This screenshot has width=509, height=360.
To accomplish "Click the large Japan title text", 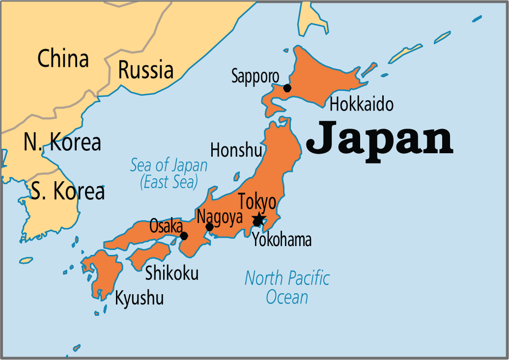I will click(x=379, y=139).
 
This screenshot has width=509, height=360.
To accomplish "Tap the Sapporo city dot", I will click(x=287, y=88).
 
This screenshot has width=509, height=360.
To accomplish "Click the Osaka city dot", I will click(x=184, y=236).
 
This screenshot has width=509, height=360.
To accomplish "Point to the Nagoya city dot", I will click(x=210, y=227).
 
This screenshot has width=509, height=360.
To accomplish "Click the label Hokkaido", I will click(x=361, y=104).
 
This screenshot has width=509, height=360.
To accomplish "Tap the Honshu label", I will click(x=236, y=150).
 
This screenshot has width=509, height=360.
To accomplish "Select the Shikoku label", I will click(x=171, y=273).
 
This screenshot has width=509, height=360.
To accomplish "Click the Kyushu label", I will click(x=139, y=298).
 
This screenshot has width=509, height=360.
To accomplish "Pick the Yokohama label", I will click(x=282, y=240).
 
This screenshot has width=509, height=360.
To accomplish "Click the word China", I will click(x=63, y=59).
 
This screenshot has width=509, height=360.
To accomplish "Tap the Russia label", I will click(x=146, y=70).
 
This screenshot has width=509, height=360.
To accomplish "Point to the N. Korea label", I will click(x=62, y=142).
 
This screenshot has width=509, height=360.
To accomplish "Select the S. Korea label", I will click(x=67, y=192).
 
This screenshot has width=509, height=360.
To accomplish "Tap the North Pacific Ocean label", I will click(x=287, y=287).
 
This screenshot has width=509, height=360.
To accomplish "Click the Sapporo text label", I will click(x=255, y=76).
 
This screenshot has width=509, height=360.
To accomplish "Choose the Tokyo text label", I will click(x=257, y=202).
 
